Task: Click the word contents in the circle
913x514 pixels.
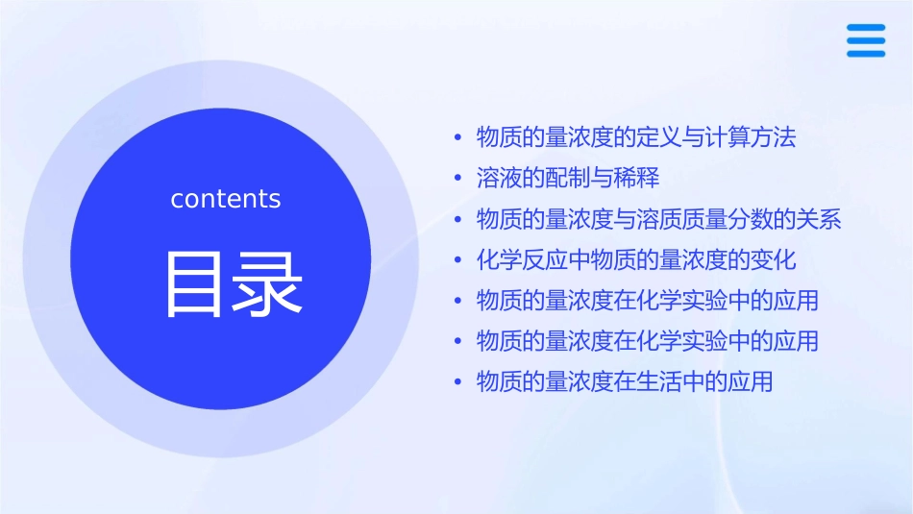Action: point(226,199)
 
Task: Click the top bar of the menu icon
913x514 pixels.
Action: point(866,28)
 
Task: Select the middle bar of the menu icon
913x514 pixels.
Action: point(866,40)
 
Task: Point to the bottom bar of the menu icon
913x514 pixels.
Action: point(866,53)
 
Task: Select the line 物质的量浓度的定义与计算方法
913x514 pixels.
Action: point(636,137)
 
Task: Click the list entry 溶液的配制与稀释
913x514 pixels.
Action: point(568,179)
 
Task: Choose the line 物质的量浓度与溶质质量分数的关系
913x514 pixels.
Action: point(659,219)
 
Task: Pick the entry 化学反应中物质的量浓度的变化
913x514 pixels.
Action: point(636,259)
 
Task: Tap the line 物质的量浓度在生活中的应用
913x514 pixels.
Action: point(625,381)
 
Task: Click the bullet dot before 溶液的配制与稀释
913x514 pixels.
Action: point(458,179)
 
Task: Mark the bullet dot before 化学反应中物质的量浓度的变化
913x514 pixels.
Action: point(458,260)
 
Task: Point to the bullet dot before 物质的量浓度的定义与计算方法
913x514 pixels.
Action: point(458,138)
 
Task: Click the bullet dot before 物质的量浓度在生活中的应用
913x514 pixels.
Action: point(458,382)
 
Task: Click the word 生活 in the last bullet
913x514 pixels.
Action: point(659,381)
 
